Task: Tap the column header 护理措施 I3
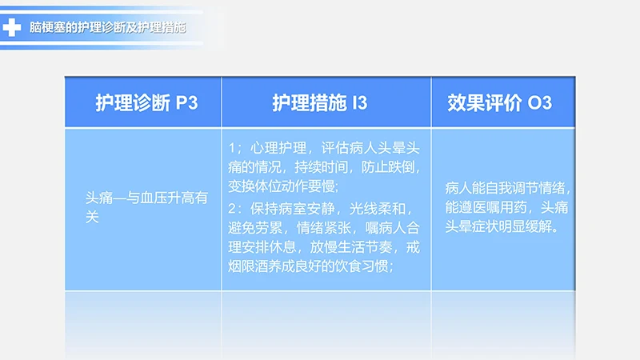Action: (319, 102)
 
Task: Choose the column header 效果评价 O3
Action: (499, 102)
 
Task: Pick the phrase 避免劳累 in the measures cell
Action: (254, 229)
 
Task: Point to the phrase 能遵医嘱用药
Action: (487, 208)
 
